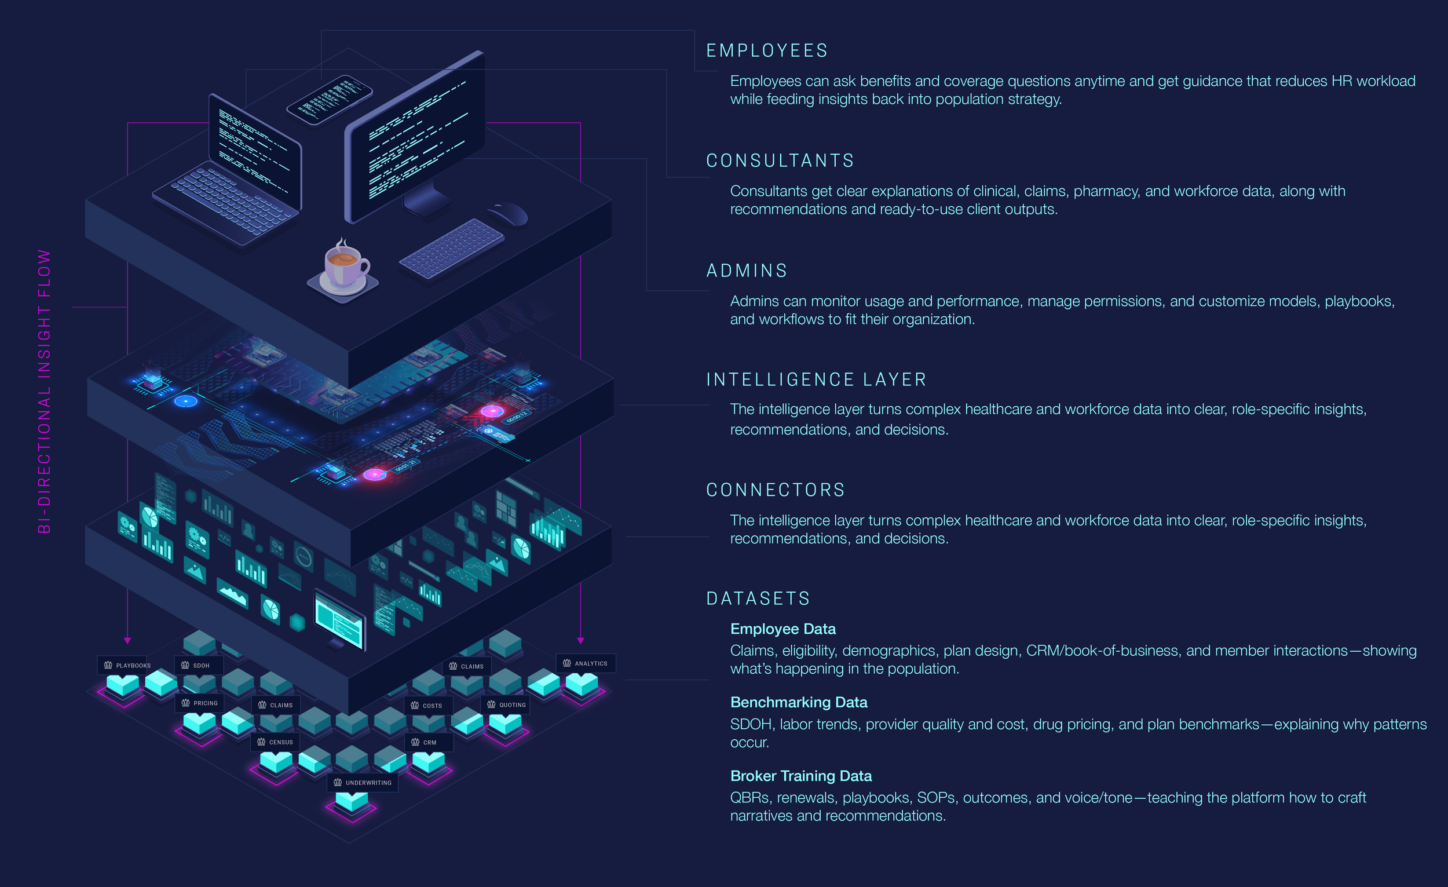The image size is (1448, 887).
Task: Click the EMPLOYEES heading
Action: (766, 51)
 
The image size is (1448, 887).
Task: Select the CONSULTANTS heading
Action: (780, 161)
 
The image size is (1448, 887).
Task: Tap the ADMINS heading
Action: (747, 271)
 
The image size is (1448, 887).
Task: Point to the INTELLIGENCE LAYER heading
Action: (816, 380)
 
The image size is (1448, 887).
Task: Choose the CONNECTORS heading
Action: (775, 490)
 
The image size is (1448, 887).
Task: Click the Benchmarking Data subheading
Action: (798, 702)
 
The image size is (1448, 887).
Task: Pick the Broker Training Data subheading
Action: (800, 776)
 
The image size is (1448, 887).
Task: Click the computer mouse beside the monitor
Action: (509, 213)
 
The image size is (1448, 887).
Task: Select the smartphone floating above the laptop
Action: (329, 99)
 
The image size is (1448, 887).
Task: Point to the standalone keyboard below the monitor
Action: (451, 247)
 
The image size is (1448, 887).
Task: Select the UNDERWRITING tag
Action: (363, 783)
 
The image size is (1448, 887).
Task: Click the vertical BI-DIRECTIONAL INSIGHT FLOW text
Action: (45, 391)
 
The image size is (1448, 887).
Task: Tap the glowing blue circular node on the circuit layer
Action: (186, 401)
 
